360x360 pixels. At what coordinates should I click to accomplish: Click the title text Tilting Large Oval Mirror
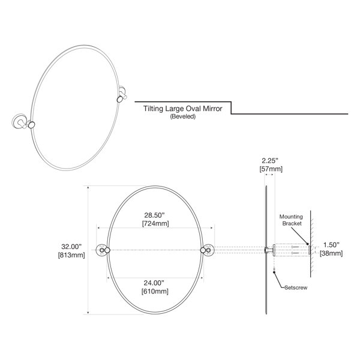[x=183, y=109]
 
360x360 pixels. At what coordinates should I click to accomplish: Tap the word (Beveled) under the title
[x=183, y=116]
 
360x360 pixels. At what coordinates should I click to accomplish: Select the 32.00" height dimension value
[x=71, y=247]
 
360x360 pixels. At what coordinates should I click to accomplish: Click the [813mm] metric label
[x=71, y=255]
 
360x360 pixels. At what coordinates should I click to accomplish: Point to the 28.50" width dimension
[x=155, y=215]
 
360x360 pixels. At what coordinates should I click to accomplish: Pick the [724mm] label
[x=155, y=223]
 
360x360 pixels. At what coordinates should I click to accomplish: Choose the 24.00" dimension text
[x=154, y=283]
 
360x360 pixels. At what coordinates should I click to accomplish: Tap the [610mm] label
[x=155, y=292]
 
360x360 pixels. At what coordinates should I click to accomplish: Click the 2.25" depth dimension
[x=270, y=160]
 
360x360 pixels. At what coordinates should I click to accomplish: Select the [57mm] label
[x=271, y=169]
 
